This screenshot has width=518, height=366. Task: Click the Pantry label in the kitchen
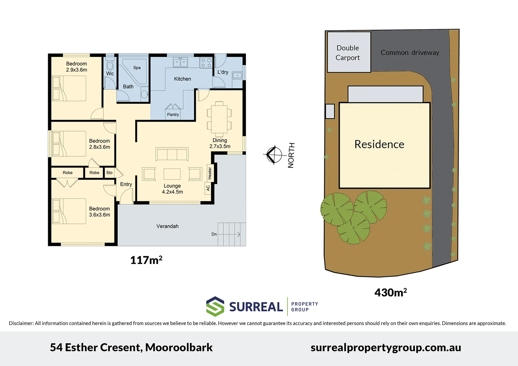coord(173,115)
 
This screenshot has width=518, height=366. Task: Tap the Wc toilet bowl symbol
coord(110,64)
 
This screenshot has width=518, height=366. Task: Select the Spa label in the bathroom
coord(137,68)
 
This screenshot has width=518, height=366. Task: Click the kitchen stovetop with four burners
coord(206,63)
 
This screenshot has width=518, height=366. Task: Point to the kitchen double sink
coord(180,63)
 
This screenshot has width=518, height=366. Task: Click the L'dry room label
coord(223,72)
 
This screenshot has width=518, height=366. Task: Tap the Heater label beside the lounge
coord(210,173)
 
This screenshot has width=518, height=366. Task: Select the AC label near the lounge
coord(208,188)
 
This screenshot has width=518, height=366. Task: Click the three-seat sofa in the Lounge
coord(172,154)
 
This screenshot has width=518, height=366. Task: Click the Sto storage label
coord(109,173)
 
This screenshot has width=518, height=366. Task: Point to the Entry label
coord(126,184)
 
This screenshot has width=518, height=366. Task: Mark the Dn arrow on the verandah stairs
coord(230,234)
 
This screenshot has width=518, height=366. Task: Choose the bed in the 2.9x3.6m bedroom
coord(69,88)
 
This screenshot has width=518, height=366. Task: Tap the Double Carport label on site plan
coord(348,53)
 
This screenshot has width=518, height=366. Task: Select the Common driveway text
coord(410,53)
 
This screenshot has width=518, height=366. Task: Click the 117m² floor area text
coord(146,260)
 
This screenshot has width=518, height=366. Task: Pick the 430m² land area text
coord(390,292)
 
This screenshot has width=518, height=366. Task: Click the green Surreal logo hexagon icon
coord(215,306)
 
